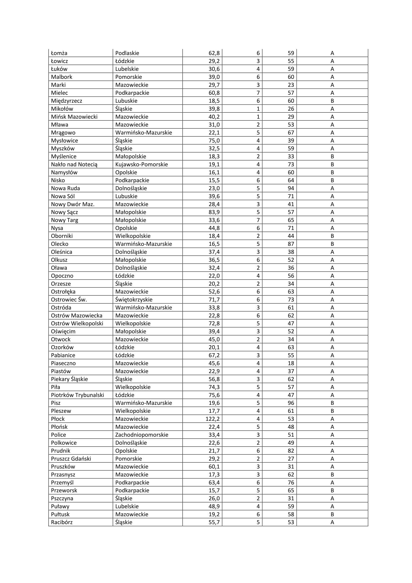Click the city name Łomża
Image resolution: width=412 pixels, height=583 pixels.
point(59,53)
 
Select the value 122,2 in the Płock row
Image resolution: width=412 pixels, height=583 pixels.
point(212,419)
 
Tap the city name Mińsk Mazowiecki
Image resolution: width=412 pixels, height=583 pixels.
point(74,117)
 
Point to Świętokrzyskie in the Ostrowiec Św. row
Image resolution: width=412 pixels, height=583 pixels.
point(134,300)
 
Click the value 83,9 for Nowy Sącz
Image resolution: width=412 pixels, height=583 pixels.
point(214,212)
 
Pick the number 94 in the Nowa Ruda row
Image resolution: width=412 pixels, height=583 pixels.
point(291,188)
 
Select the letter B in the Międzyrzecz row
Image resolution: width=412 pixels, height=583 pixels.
point(332,101)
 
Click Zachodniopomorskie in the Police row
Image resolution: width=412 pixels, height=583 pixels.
point(142,435)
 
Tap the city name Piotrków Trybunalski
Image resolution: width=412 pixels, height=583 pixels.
point(78,395)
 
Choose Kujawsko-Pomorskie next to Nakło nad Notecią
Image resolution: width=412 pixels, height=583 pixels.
point(141,164)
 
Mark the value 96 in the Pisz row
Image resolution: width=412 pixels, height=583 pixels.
point(291,403)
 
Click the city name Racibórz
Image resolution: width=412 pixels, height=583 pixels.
point(62,522)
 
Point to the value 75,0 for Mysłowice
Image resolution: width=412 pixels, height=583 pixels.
point(214,140)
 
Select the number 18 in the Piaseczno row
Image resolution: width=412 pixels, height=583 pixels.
point(291,363)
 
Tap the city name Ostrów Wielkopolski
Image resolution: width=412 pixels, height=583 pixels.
point(77,323)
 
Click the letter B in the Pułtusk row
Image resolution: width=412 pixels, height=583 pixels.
point(332,514)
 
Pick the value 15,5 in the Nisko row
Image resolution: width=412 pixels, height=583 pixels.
point(214,180)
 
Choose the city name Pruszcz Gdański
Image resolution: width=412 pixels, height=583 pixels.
point(71,459)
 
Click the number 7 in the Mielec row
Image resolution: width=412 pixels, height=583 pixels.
point(258,93)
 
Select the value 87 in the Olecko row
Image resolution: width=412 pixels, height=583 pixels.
point(291,244)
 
